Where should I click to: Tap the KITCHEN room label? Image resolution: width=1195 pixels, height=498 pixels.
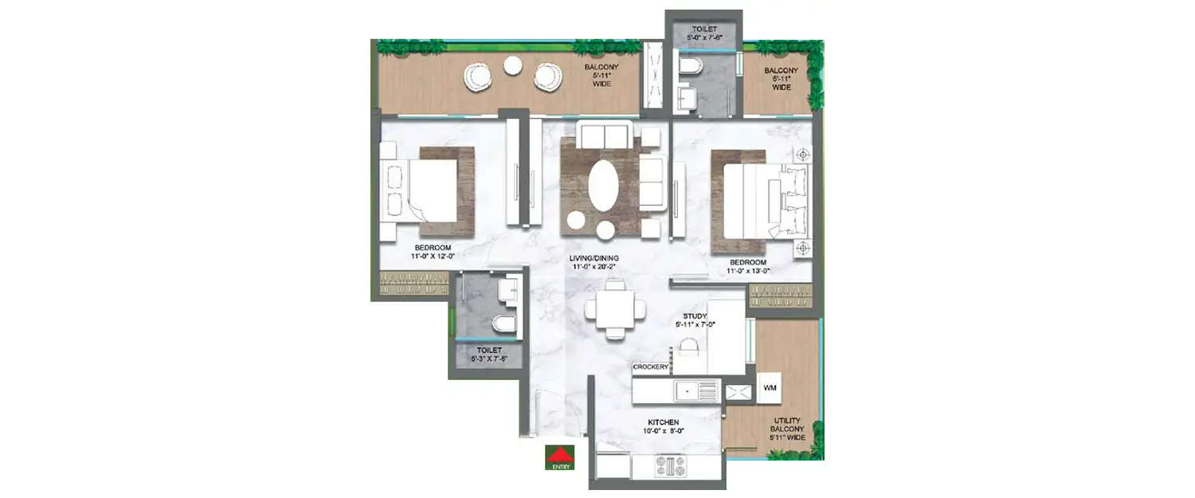[x=663, y=426]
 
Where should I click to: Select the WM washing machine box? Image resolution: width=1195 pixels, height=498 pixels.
[x=770, y=388]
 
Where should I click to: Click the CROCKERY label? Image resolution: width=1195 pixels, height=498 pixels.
[x=650, y=367]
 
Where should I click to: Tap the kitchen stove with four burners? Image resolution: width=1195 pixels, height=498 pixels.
[x=669, y=467]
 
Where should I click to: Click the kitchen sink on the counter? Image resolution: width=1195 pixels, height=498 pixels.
[x=696, y=390]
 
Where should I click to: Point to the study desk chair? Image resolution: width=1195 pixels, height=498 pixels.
[x=689, y=347]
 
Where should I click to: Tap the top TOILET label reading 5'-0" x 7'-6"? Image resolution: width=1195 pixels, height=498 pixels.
[x=703, y=32]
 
